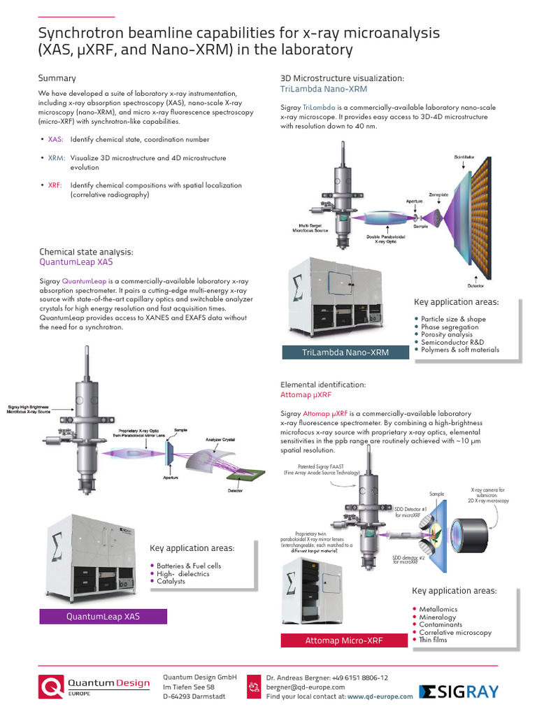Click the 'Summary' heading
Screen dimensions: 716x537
click(57, 78)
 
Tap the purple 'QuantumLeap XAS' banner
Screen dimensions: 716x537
click(103, 617)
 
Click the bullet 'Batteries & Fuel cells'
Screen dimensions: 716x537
click(189, 566)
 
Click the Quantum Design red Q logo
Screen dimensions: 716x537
click(52, 687)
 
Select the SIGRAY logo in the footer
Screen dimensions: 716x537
click(459, 692)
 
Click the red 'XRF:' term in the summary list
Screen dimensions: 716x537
click(55, 185)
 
